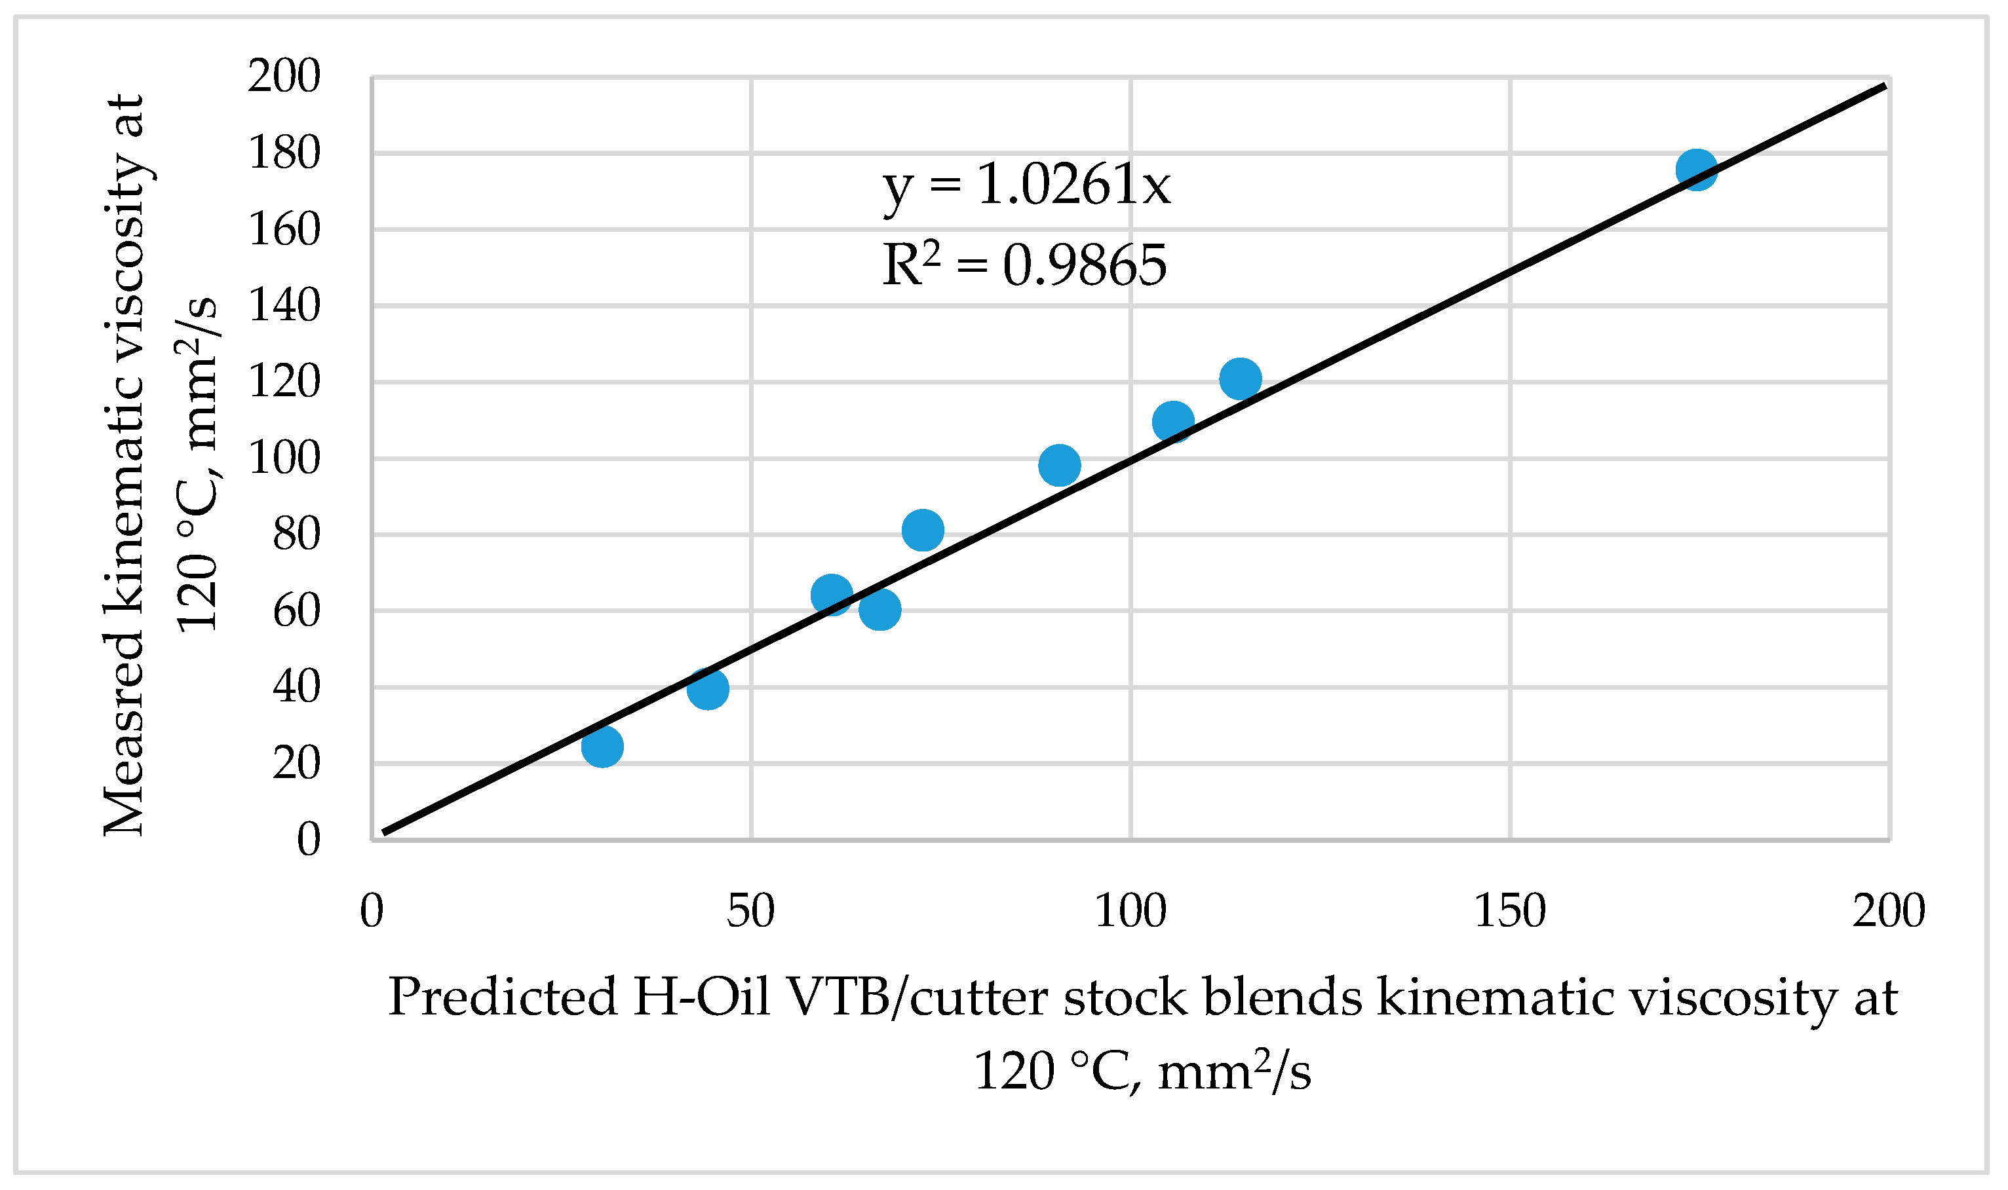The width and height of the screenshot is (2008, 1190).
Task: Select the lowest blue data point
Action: point(602,747)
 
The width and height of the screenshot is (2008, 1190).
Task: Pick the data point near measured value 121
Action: point(1241,379)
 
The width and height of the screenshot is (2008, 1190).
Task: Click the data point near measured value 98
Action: point(1059,465)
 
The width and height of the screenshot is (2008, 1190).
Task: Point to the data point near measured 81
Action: point(923,529)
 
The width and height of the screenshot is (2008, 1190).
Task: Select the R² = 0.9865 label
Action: point(1024,265)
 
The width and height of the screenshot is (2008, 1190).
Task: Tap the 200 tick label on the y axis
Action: point(284,77)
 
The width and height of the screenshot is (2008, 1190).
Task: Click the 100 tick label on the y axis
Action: point(284,458)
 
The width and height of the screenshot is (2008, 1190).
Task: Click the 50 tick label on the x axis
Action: point(751,911)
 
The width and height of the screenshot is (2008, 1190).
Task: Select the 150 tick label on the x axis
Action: point(1510,911)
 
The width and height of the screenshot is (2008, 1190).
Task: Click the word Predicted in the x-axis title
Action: point(502,997)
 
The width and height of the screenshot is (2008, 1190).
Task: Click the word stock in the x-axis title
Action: point(1125,997)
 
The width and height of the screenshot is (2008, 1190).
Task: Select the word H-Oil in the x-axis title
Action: point(701,997)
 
